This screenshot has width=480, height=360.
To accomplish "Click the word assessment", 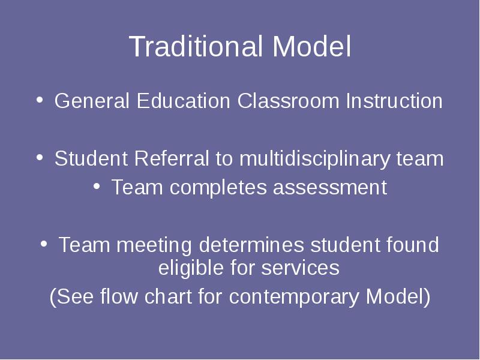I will point(331,188).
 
